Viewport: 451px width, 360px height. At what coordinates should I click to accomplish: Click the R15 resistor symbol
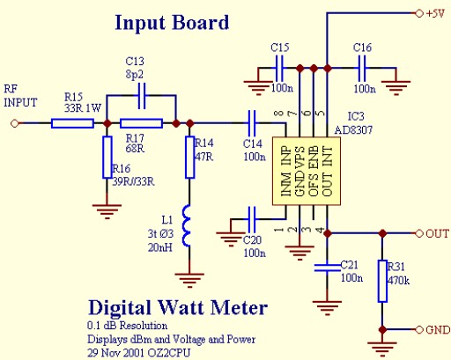(72, 123)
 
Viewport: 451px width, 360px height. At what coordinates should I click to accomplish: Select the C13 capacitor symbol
(142, 96)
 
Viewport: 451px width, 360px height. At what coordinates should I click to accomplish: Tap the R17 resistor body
(141, 123)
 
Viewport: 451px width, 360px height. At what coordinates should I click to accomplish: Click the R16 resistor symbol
(107, 157)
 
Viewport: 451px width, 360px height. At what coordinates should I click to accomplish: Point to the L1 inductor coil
(187, 225)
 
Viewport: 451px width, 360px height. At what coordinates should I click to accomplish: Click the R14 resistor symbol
(190, 157)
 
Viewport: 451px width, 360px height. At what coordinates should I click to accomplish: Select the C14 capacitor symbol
(252, 123)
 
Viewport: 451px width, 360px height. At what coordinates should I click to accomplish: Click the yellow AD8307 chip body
(307, 171)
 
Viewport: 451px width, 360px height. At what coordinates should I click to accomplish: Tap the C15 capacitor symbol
(279, 69)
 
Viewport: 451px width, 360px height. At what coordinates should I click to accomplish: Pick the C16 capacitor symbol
(362, 69)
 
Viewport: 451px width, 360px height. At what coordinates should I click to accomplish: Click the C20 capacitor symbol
(252, 219)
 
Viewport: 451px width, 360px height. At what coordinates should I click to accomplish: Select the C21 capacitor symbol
(328, 268)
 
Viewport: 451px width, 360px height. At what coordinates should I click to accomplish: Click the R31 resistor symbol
(382, 281)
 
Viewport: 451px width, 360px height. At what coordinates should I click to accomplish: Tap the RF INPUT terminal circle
(14, 123)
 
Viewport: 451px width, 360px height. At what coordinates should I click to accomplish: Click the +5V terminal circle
(419, 13)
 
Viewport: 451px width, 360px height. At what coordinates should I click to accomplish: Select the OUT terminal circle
(419, 233)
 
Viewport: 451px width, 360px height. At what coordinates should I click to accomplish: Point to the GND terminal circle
(419, 329)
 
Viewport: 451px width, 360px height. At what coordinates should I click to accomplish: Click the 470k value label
(399, 281)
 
